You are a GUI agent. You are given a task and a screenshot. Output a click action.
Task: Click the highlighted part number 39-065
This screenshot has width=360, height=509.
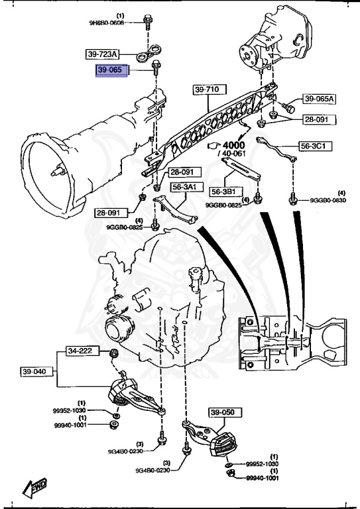click(113, 70)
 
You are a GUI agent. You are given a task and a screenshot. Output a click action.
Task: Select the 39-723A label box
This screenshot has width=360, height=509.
click(103, 53)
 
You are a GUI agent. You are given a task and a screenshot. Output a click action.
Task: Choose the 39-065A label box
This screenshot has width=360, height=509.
click(320, 99)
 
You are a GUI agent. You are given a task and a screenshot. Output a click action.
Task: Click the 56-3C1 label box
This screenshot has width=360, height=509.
click(316, 146)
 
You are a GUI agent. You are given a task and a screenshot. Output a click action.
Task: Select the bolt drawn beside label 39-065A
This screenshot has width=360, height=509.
click(289, 105)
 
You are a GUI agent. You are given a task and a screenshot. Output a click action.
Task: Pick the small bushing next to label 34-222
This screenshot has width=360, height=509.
click(113, 351)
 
